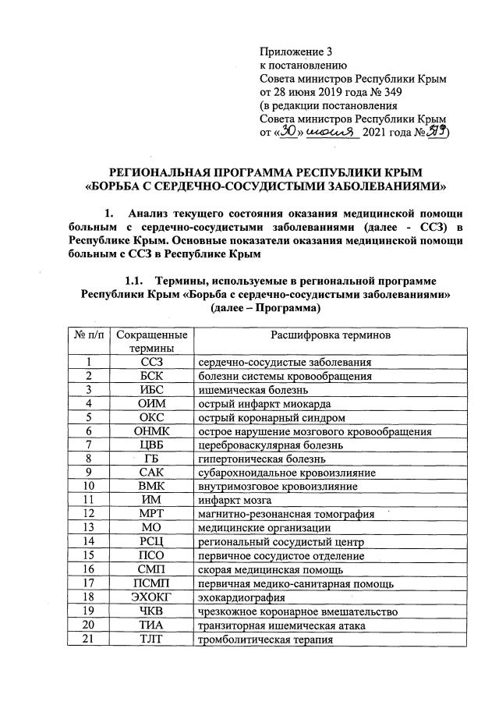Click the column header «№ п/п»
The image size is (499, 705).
tap(90, 335)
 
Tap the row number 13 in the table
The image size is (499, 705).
tap(90, 527)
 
